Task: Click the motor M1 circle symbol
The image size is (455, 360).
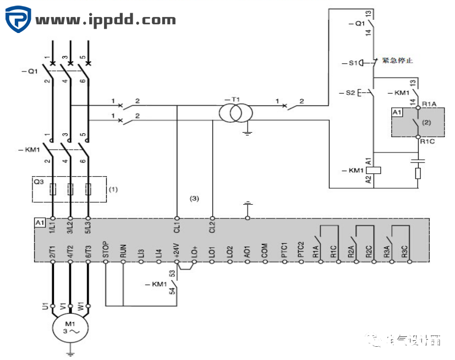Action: coord(70,329)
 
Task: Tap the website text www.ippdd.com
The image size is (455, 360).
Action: coord(106,20)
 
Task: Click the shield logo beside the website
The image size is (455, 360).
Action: coord(18,20)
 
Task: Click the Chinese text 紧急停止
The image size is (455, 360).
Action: coord(398,61)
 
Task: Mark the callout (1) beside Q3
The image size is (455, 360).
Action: coord(113,189)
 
